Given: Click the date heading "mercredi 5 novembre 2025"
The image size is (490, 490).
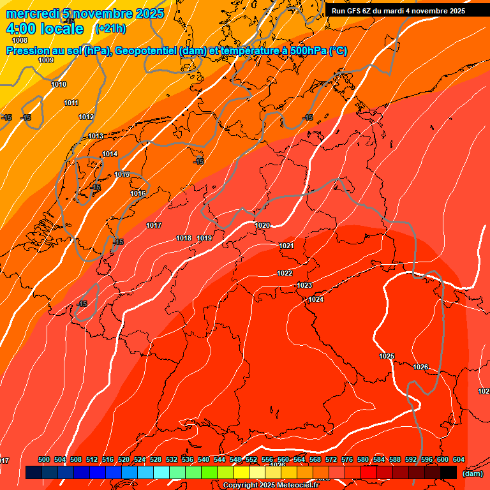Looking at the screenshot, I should click(x=85, y=13).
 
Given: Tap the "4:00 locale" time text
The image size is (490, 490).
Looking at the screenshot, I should click(x=45, y=29).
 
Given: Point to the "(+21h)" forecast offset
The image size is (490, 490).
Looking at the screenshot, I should click(x=110, y=29).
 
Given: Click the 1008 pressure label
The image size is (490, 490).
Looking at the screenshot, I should click(x=20, y=40).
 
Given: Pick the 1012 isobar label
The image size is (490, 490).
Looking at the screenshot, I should click(x=86, y=117).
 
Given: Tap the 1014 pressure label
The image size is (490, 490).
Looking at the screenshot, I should click(x=110, y=154).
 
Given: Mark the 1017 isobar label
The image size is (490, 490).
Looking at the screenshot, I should click(x=154, y=225).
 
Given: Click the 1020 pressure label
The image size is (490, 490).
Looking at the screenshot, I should click(x=262, y=225).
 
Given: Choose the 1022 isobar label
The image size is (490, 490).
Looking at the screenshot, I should click(x=285, y=273).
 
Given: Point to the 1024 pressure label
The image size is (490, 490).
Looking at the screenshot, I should click(x=316, y=299).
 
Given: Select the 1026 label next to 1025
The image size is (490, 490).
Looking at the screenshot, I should click(x=420, y=367).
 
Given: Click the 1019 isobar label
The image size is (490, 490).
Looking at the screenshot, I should click(x=204, y=238).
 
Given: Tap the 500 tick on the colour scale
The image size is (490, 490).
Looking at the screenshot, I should click(x=44, y=459).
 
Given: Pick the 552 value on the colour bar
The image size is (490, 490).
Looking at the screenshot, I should click(x=251, y=459).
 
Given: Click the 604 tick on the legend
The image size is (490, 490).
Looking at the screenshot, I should click(x=459, y=459).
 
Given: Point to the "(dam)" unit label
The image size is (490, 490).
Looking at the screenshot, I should click(x=472, y=473).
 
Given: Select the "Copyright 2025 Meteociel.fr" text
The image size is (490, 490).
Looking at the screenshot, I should click(x=271, y=485).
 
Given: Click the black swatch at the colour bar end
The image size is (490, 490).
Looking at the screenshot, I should click(x=449, y=472).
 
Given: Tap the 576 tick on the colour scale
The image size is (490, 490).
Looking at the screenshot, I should click(x=347, y=459).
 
